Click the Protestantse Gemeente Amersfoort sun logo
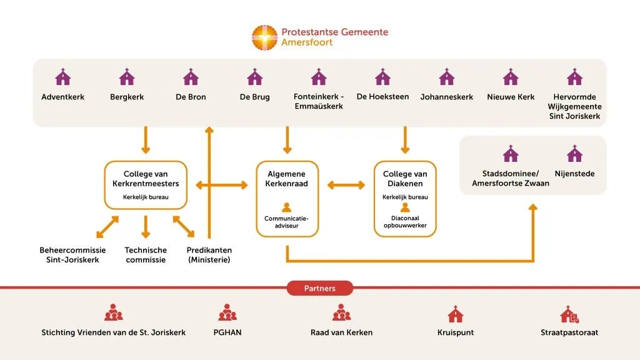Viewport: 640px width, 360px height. click(264, 37)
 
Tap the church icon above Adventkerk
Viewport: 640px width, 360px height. click(63, 77)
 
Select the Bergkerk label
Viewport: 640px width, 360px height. click(127, 97)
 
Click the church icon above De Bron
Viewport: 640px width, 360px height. click(191, 77)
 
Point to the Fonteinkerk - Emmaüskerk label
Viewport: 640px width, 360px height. click(319, 101)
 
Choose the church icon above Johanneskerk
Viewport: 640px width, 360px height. click(446, 77)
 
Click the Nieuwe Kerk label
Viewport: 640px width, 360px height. click(511, 97)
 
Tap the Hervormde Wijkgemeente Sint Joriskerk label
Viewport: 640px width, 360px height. click(574, 106)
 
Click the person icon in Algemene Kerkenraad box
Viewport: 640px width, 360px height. click(287, 207)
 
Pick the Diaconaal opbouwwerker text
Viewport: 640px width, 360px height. click(405, 221)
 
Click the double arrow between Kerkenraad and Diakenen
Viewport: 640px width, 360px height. click(346, 185)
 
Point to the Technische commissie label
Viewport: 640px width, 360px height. click(146, 254)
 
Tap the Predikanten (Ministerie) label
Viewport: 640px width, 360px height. click(209, 254)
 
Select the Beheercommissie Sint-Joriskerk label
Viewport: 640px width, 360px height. click(72, 254)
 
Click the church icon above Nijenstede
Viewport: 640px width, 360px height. click(574, 154)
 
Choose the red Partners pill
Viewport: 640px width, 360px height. click(320, 288)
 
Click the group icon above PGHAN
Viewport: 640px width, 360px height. click(227, 312)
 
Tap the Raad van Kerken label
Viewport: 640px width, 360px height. click(341, 332)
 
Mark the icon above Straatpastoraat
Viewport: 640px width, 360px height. click(569, 314)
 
